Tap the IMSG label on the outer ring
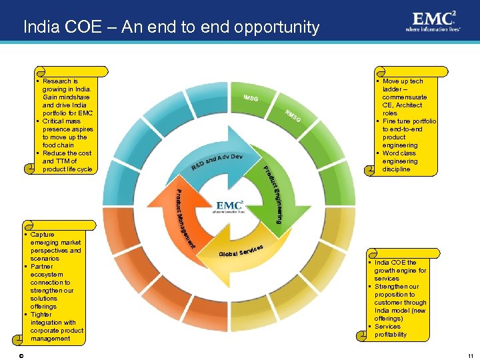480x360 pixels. coord(251,99)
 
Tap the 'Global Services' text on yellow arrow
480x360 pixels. coord(241,251)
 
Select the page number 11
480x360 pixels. coord(470,356)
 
